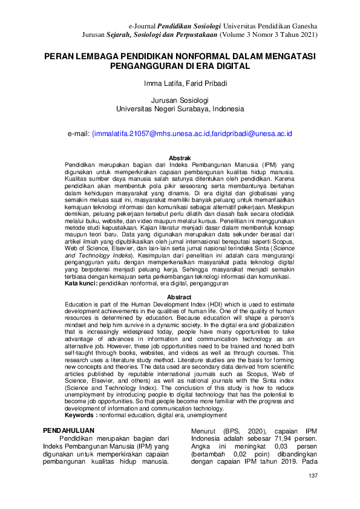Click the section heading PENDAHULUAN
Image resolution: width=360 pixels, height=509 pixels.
point(67,429)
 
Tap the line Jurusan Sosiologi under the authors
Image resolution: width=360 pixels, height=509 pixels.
point(179,100)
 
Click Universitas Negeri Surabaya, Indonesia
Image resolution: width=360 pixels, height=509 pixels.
point(180,109)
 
